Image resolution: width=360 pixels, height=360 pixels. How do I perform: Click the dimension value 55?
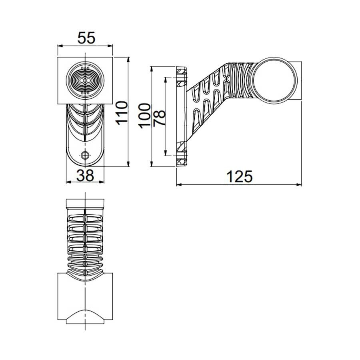86,38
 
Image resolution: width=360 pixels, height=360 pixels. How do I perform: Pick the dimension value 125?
240,176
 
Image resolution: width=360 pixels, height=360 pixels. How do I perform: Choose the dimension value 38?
84,174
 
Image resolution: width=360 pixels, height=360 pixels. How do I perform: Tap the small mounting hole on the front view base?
85,156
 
